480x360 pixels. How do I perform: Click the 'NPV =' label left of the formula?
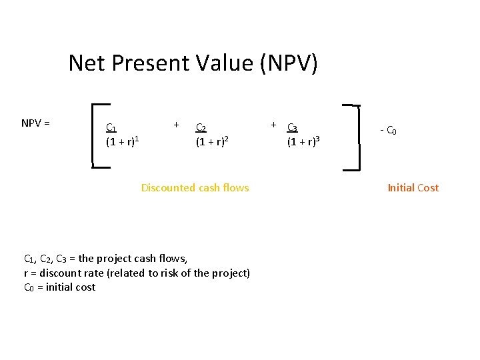37,123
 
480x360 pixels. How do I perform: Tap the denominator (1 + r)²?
211,141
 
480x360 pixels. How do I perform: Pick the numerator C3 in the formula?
293,128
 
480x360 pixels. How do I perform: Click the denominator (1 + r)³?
303,141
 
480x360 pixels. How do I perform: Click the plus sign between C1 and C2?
176,124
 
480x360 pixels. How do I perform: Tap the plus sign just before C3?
273,125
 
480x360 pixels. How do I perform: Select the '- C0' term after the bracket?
389,131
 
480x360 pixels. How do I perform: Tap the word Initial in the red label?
401,188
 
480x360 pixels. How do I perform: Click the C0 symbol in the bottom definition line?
29,287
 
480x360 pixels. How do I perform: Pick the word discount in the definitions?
59,273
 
